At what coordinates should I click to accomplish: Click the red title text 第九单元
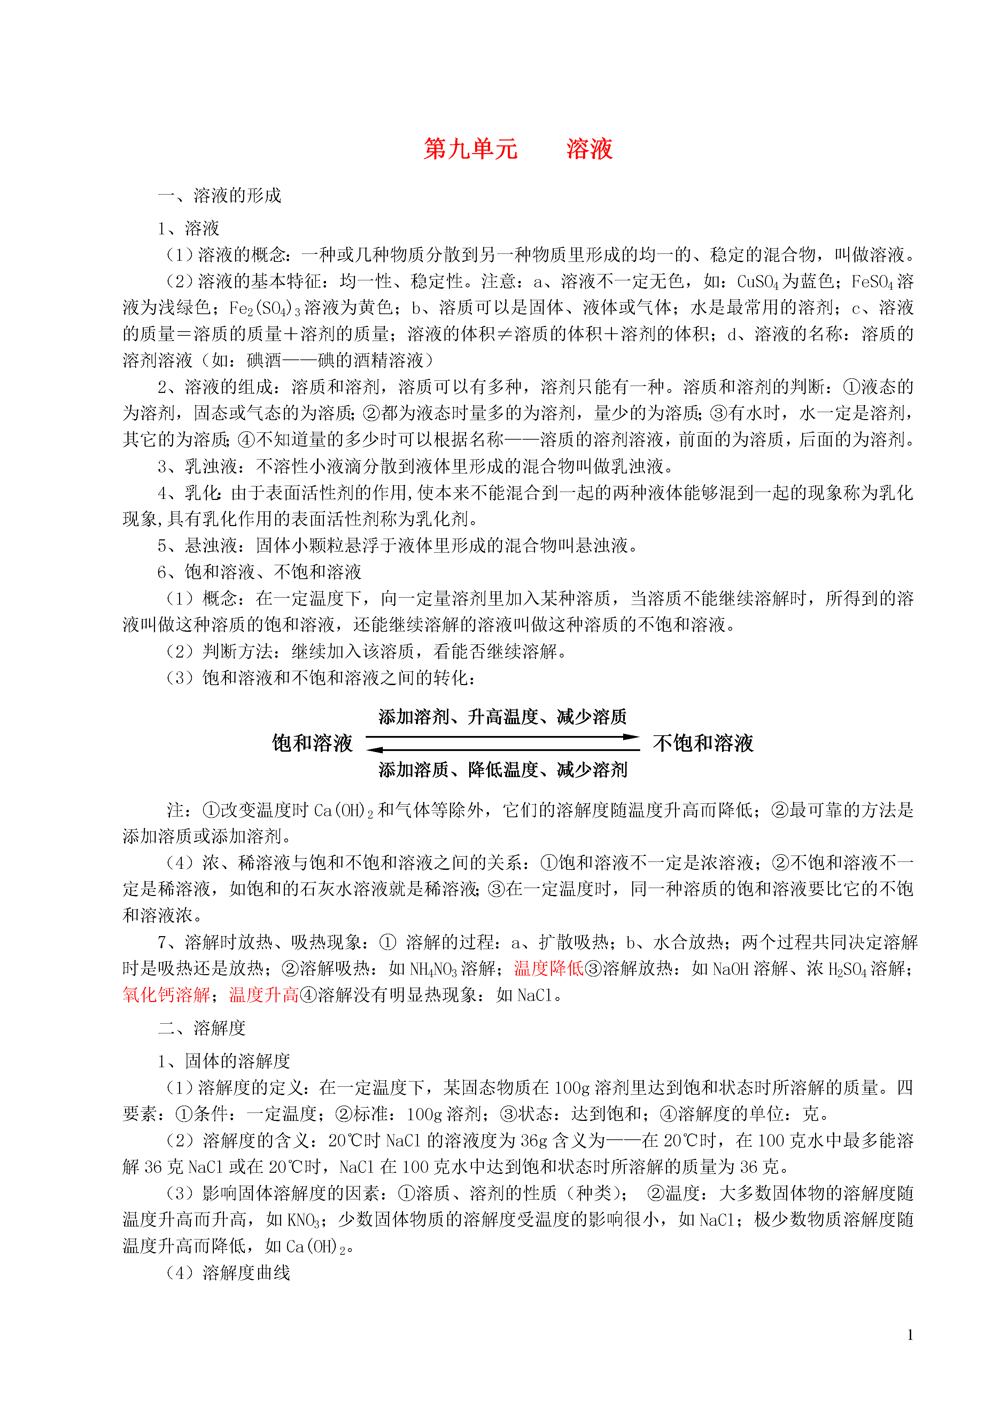(x=470, y=149)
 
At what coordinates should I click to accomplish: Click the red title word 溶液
(x=589, y=149)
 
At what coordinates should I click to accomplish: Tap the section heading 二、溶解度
(x=202, y=1028)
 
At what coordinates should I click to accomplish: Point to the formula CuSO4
(x=757, y=282)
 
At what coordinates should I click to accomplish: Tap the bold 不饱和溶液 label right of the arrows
(x=703, y=743)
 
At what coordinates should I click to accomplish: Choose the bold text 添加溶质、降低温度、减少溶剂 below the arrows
(x=503, y=770)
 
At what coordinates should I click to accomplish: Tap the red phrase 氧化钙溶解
(x=166, y=995)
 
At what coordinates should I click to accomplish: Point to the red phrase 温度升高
(x=264, y=995)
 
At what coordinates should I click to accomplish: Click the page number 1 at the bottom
(x=910, y=1334)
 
